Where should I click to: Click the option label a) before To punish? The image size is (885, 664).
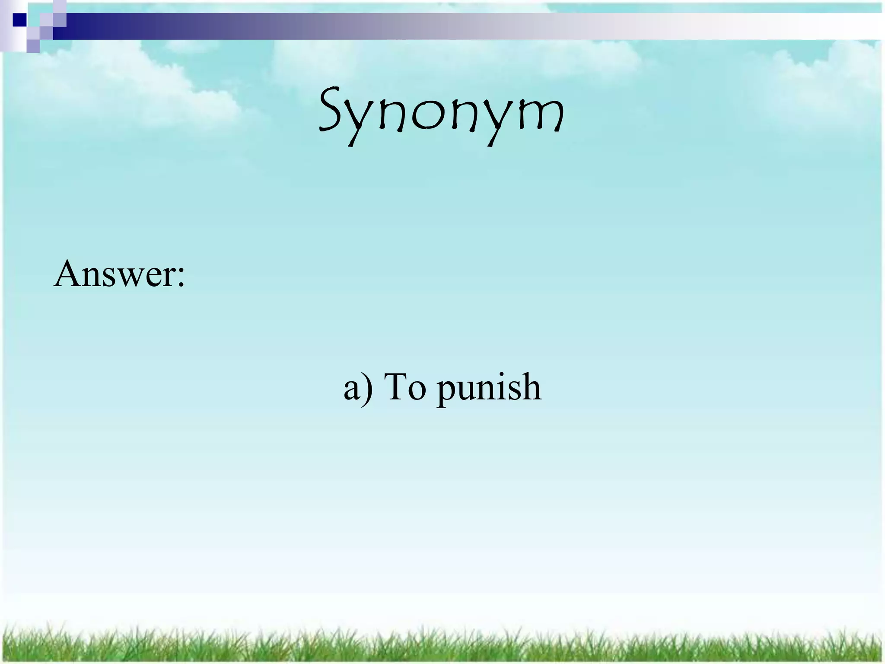click(x=358, y=388)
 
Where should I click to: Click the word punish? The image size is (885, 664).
click(x=488, y=388)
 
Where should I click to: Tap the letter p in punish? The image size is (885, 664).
click(x=447, y=391)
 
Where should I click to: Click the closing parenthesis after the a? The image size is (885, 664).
click(x=368, y=388)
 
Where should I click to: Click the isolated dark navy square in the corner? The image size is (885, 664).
click(x=19, y=20)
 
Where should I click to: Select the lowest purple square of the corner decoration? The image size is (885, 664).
click(x=33, y=46)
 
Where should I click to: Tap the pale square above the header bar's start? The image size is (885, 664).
click(x=60, y=7)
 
